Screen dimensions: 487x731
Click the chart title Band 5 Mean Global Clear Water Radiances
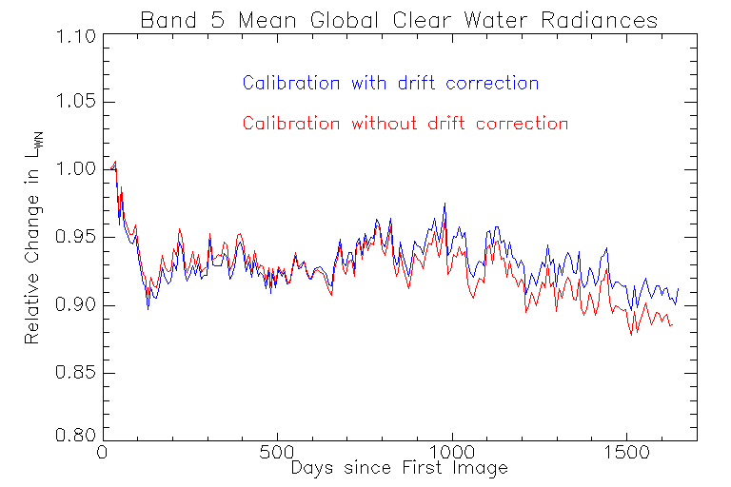(399, 19)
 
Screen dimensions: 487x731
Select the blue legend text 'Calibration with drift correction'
(390, 83)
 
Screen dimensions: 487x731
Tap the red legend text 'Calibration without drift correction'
(405, 124)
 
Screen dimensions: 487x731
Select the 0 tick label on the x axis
(102, 454)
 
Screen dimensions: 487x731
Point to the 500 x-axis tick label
(277, 454)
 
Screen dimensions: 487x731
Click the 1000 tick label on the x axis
(452, 454)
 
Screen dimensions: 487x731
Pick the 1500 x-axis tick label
(627, 454)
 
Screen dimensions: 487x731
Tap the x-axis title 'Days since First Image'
(399, 468)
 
